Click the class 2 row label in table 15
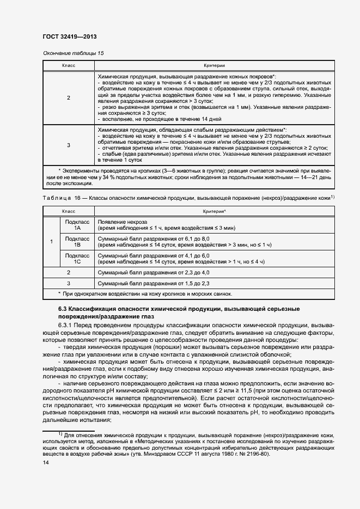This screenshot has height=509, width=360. tap(68, 97)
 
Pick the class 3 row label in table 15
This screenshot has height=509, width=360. tap(68, 145)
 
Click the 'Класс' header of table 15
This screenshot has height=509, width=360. tap(68, 65)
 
